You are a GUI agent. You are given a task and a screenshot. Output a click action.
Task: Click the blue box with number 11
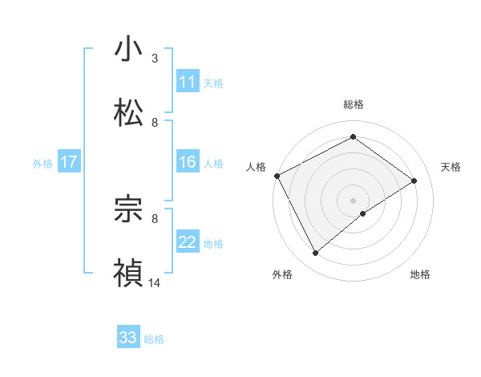188,82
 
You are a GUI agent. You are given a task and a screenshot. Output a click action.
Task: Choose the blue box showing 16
188,163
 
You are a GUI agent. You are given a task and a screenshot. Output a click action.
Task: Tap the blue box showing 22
188,243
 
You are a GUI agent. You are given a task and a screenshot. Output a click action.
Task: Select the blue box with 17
69,163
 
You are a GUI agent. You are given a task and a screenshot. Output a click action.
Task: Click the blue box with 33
128,338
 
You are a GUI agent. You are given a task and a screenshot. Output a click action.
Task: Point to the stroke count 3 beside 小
155,59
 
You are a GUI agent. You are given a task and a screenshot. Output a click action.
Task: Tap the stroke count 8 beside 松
155,123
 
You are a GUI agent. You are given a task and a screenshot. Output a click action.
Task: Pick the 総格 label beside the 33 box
154,339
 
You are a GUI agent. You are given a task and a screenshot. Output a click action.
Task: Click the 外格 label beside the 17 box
42,164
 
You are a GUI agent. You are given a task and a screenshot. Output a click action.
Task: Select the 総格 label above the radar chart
354,104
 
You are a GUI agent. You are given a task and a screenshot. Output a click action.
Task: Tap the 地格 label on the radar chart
420,275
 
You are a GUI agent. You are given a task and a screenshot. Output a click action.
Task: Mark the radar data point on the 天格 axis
414,180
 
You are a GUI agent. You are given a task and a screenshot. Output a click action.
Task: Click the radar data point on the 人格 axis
277,176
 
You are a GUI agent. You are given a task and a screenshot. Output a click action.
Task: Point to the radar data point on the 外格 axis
316,253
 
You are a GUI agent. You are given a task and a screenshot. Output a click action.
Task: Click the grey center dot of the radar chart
354,200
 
